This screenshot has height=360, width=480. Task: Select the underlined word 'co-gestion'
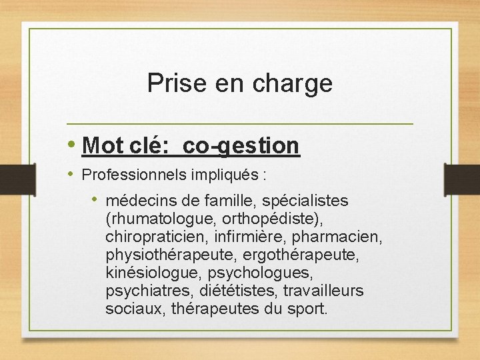point(241,145)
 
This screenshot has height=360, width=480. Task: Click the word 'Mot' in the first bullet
point(101,145)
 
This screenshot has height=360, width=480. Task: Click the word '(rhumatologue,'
point(152,219)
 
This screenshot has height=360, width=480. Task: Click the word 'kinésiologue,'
point(153,273)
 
